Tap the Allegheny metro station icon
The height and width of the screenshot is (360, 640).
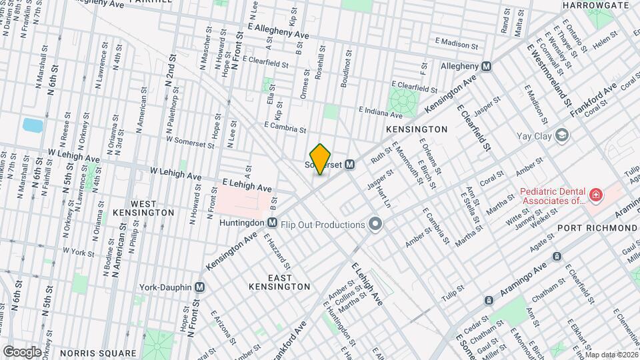487,66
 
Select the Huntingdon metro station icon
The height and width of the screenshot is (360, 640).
272,222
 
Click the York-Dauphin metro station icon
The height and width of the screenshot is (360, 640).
199,287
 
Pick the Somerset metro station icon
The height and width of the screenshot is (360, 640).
349,164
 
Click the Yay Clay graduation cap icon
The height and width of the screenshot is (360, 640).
563,136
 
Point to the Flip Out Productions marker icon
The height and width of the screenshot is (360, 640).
375,224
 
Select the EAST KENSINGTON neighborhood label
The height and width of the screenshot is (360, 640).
279,281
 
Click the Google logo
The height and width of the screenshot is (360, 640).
22,351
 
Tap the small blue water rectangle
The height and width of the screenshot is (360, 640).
31,125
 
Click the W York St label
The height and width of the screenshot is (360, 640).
75,253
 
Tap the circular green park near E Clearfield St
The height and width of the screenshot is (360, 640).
403,101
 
